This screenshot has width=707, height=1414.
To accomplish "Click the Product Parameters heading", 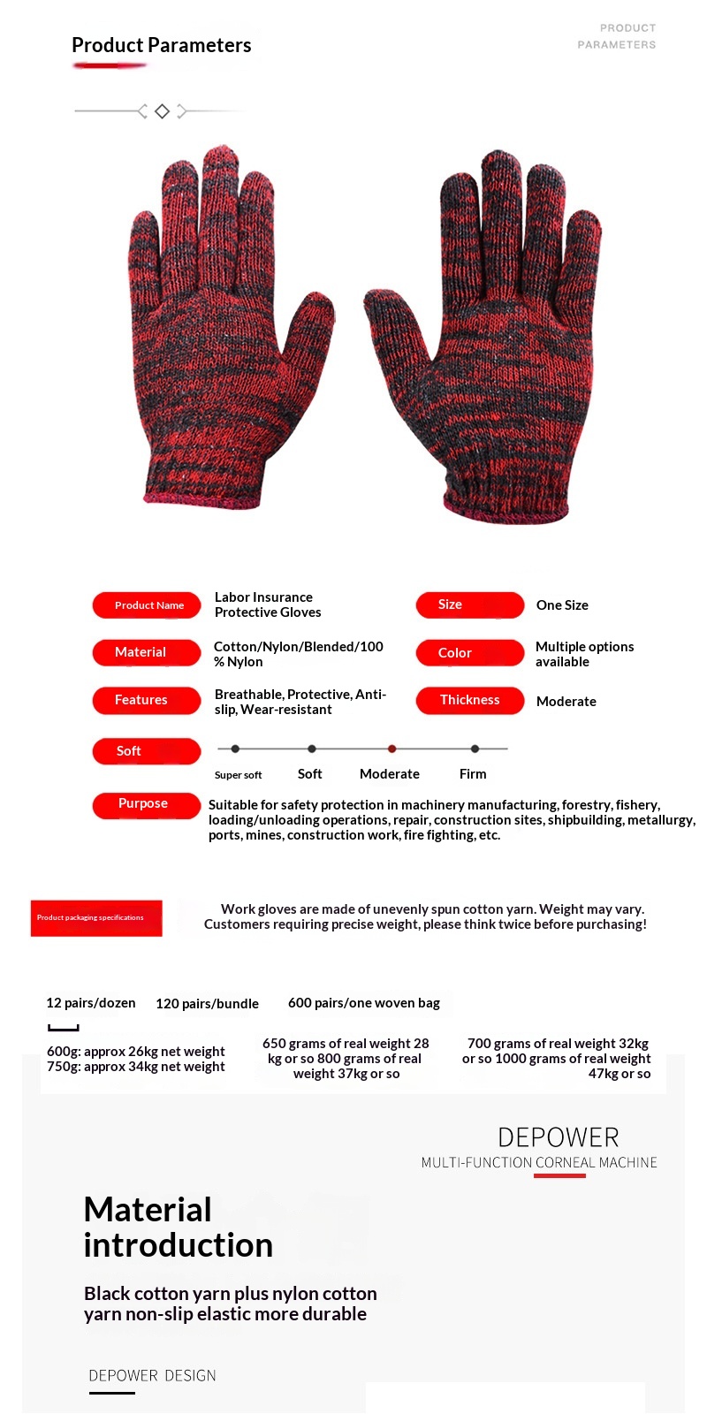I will coord(161,45).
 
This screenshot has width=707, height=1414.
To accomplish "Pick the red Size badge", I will coord(469,604).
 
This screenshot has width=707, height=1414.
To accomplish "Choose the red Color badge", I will coord(469,652).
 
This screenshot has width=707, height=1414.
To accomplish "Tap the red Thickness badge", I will coord(469,700).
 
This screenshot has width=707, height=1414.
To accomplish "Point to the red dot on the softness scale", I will coord(392,749).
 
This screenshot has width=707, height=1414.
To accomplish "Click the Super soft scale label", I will coord(238,775).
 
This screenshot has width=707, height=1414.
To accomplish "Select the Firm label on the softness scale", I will coord(473,774).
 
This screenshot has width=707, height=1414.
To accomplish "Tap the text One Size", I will coord(562,605).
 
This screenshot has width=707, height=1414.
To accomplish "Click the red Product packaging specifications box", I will coord(96,918).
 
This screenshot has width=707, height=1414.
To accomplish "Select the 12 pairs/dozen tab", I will coord(91,1003).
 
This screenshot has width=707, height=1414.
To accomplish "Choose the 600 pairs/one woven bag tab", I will coord(364,1003).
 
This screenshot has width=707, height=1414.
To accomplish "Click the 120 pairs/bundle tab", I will coord(207,1004).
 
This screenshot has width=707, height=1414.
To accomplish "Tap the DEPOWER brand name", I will coord(558,1137).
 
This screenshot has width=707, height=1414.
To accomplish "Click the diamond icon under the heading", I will coord(162,111).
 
